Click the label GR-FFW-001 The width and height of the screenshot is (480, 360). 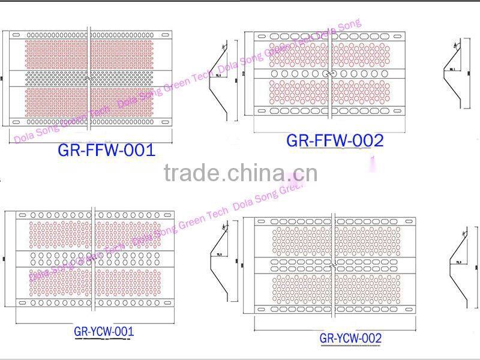pos(107,150)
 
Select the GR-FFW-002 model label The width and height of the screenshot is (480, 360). pos(334,141)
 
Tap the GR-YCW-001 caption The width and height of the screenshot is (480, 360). pos(104,331)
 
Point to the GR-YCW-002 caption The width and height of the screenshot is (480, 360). pos(350,338)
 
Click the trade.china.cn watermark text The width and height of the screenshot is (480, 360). pos(241,173)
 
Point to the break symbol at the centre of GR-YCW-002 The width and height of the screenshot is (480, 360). pos(335,262)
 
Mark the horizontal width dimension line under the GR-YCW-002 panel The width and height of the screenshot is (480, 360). pos(334,329)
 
